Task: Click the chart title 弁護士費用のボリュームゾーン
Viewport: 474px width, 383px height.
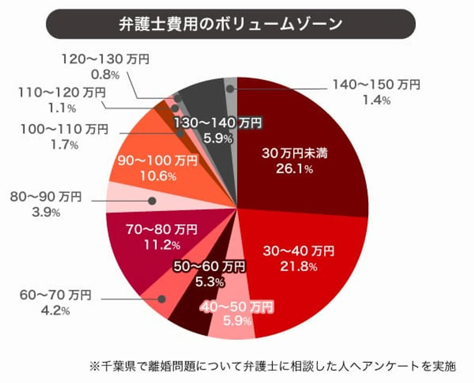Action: coord(230,24)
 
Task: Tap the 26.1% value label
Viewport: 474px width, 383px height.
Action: coord(294,169)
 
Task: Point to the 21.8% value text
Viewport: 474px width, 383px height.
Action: coord(298,266)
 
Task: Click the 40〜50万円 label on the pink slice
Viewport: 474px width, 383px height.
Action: coord(237,307)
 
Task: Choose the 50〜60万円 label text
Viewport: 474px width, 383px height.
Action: coord(209,266)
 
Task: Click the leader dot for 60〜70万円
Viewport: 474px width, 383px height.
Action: coord(161,299)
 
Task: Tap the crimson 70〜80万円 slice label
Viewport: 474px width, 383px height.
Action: coord(161,229)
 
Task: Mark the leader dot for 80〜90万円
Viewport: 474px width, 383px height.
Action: coord(152,201)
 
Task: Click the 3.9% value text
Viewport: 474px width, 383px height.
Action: coord(46,212)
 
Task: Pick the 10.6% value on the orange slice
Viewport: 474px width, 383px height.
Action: coord(158,176)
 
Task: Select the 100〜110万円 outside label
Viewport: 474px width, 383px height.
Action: coord(64,129)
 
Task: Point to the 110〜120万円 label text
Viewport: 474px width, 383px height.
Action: coord(62,92)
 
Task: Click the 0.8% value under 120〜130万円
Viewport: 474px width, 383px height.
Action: coord(105,75)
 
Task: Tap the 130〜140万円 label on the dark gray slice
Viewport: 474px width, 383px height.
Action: coord(218,123)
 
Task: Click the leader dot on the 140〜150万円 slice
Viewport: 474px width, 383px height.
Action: coord(230,89)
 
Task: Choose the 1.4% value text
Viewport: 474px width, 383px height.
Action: coord(376,100)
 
